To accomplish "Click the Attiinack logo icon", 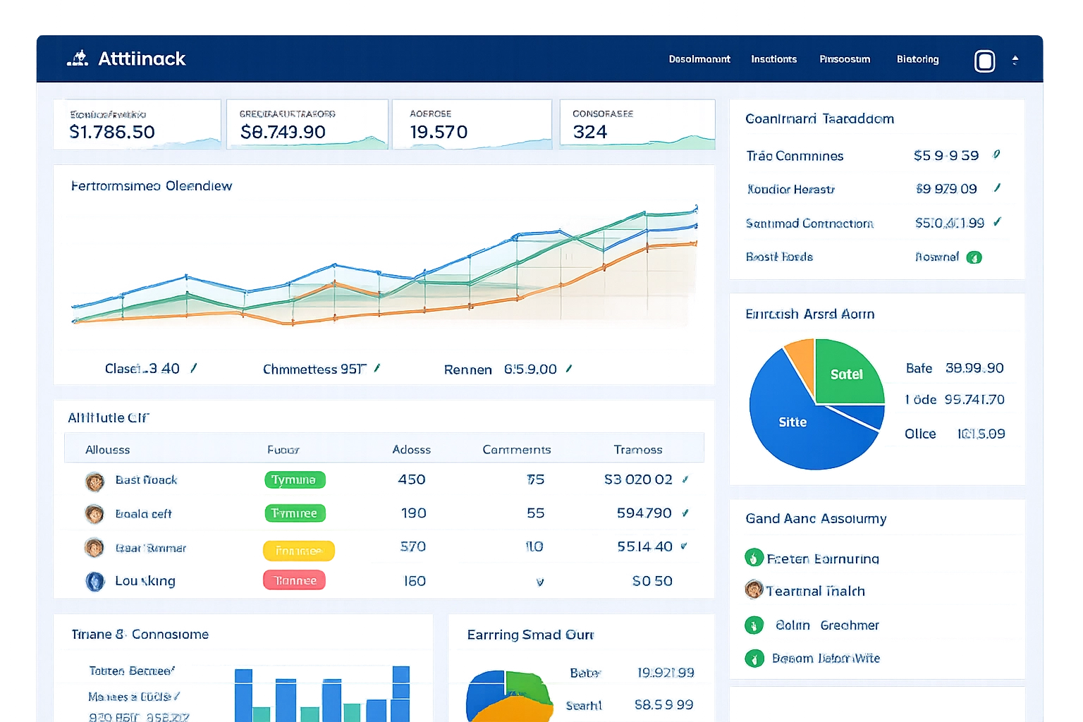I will coord(78,59).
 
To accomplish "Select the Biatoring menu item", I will coord(917,59).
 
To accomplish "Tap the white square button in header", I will coord(984,61).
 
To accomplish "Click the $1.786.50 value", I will coord(112,132).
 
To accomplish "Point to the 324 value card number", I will coord(590,132).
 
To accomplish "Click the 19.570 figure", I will coord(439,132).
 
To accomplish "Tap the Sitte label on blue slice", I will coord(793,422).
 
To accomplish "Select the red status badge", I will coord(295,581).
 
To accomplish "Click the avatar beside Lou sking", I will coord(94,581).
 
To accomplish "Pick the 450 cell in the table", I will coord(412,479).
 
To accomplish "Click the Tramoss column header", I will coord(637,450).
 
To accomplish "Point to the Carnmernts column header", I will coord(516,450).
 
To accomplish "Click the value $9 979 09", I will coord(946,189).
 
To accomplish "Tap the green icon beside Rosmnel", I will coord(974,257).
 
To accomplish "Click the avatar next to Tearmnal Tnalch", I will coord(754,589).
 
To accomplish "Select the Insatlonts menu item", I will coord(773,59).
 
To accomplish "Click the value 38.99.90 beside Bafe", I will coord(974,368).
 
